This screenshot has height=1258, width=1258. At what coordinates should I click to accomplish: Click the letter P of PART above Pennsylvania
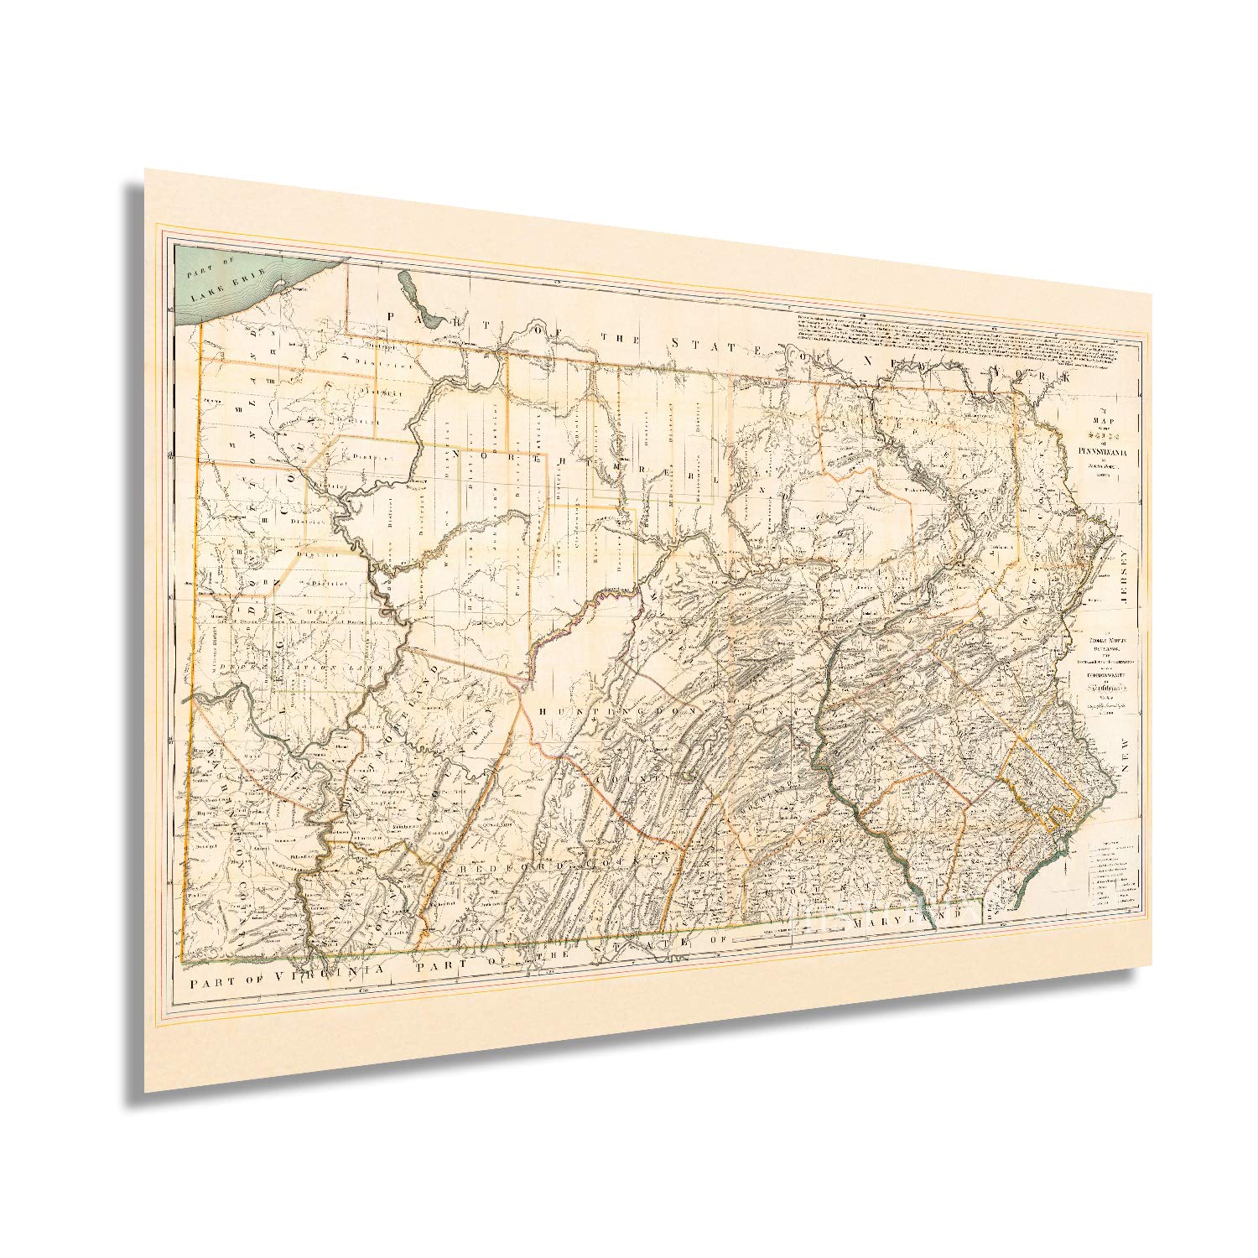click(392, 314)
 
